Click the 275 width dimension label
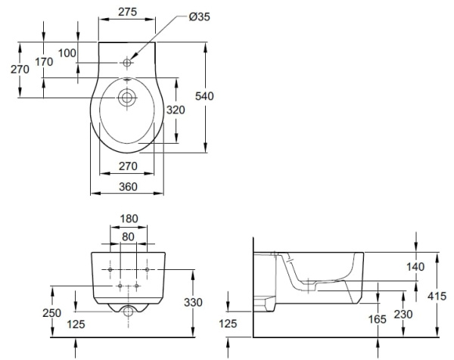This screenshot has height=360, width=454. tap(127, 13)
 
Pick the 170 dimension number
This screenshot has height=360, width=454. tap(44, 62)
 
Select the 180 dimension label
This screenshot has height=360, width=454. tap(129, 219)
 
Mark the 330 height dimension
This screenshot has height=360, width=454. tap(194, 303)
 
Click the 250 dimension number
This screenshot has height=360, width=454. tap(51, 312)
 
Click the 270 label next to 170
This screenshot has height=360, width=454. tap(20, 69)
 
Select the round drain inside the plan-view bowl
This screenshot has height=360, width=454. tap(126, 97)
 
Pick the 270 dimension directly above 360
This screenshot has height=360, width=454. tap(127, 166)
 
